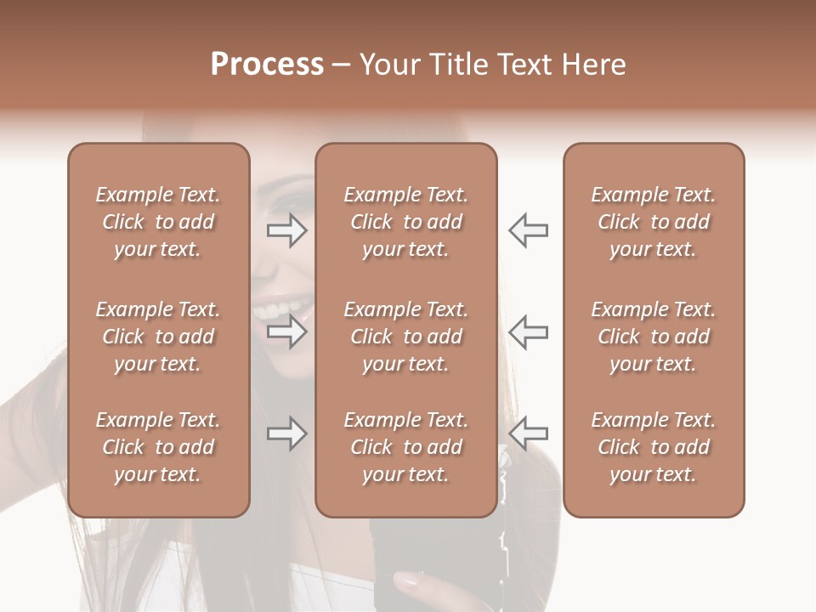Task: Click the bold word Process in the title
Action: pyautogui.click(x=267, y=65)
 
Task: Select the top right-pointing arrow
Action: pyautogui.click(x=287, y=230)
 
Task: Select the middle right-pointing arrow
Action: pyautogui.click(x=287, y=331)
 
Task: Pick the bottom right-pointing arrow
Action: pyautogui.click(x=287, y=433)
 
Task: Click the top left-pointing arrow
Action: pyautogui.click(x=528, y=230)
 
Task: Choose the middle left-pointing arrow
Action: pyautogui.click(x=528, y=331)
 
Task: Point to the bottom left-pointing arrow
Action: pyautogui.click(x=528, y=433)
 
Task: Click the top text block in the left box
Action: pyautogui.click(x=158, y=222)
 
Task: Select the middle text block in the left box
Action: pyautogui.click(x=158, y=337)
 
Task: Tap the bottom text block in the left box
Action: pyautogui.click(x=158, y=447)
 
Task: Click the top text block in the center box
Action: pyautogui.click(x=405, y=222)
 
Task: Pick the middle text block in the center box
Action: pyautogui.click(x=405, y=337)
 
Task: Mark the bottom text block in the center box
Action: pyautogui.click(x=405, y=447)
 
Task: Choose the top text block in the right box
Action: pyautogui.click(x=653, y=222)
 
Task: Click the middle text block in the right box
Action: pyautogui.click(x=653, y=337)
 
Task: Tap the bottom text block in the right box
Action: pyautogui.click(x=653, y=447)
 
